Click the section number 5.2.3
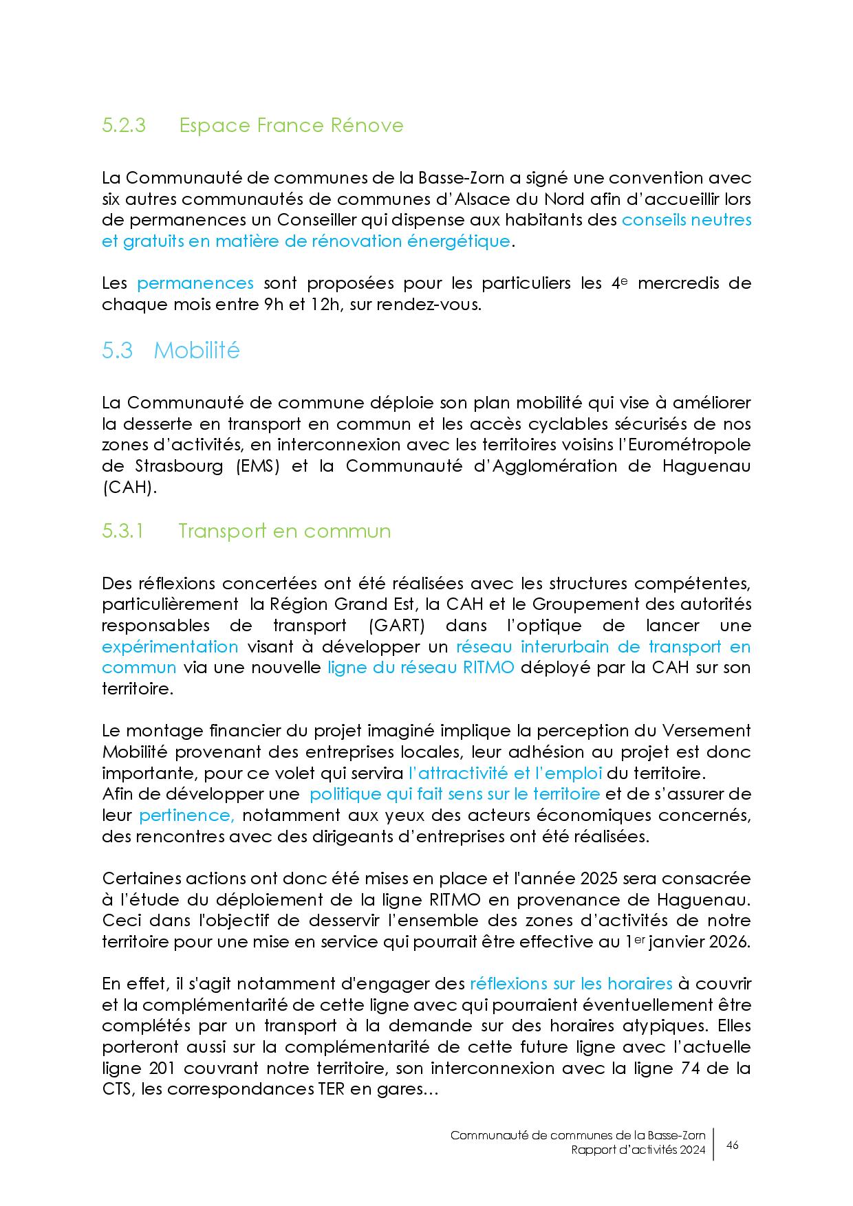pyautogui.click(x=124, y=126)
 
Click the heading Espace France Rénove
pyautogui.click(x=291, y=126)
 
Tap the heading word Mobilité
pyautogui.click(x=197, y=351)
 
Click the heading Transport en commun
pyautogui.click(x=284, y=531)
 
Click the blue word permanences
pyautogui.click(x=195, y=283)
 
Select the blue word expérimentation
pyautogui.click(x=170, y=647)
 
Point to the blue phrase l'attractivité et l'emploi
pyautogui.click(x=505, y=773)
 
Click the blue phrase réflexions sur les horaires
pyautogui.click(x=570, y=984)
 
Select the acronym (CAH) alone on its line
pyautogui.click(x=130, y=487)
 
